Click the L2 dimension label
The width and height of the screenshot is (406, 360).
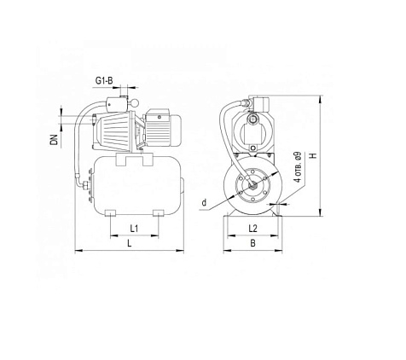252,229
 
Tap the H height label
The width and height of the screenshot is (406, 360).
312,157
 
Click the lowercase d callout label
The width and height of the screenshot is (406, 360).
206,203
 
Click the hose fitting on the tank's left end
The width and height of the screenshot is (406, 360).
84,182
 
